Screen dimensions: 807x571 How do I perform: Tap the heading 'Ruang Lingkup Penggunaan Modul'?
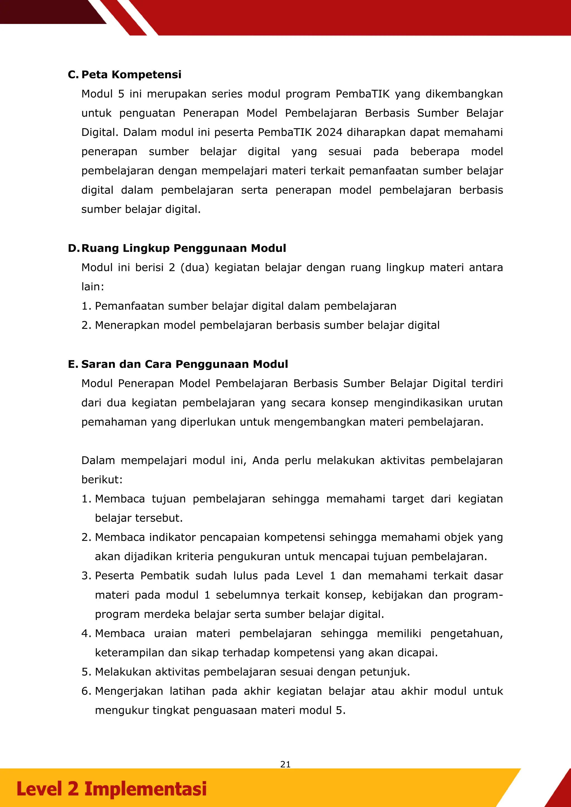[183, 248]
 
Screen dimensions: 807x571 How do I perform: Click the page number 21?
[285, 764]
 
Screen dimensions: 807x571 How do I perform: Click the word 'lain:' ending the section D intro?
[93, 286]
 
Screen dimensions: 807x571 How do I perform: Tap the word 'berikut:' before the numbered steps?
[102, 479]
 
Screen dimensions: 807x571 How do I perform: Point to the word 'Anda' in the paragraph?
[265, 460]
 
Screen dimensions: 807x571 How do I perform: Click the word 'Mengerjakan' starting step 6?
[129, 691]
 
